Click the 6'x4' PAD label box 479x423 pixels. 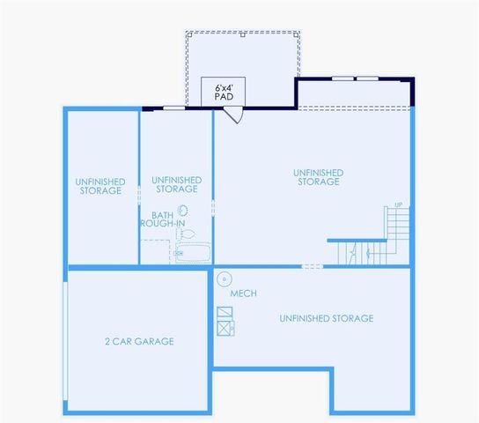[x=223, y=91]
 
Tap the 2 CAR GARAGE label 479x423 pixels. [x=139, y=341]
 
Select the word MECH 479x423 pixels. [x=243, y=293]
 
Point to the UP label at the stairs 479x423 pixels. [x=399, y=205]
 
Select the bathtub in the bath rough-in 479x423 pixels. [x=193, y=254]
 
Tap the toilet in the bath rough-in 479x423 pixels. [x=186, y=234]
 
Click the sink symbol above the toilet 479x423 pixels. [x=184, y=210]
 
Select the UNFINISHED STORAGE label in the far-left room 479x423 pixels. [x=100, y=186]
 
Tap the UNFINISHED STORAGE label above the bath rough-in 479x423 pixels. [x=176, y=184]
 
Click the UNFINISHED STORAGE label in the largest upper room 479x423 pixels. [x=317, y=177]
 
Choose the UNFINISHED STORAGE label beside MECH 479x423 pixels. [x=326, y=318]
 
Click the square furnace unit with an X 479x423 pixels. [x=225, y=328]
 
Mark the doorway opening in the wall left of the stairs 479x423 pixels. [x=312, y=266]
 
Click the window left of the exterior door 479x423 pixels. [x=174, y=108]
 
